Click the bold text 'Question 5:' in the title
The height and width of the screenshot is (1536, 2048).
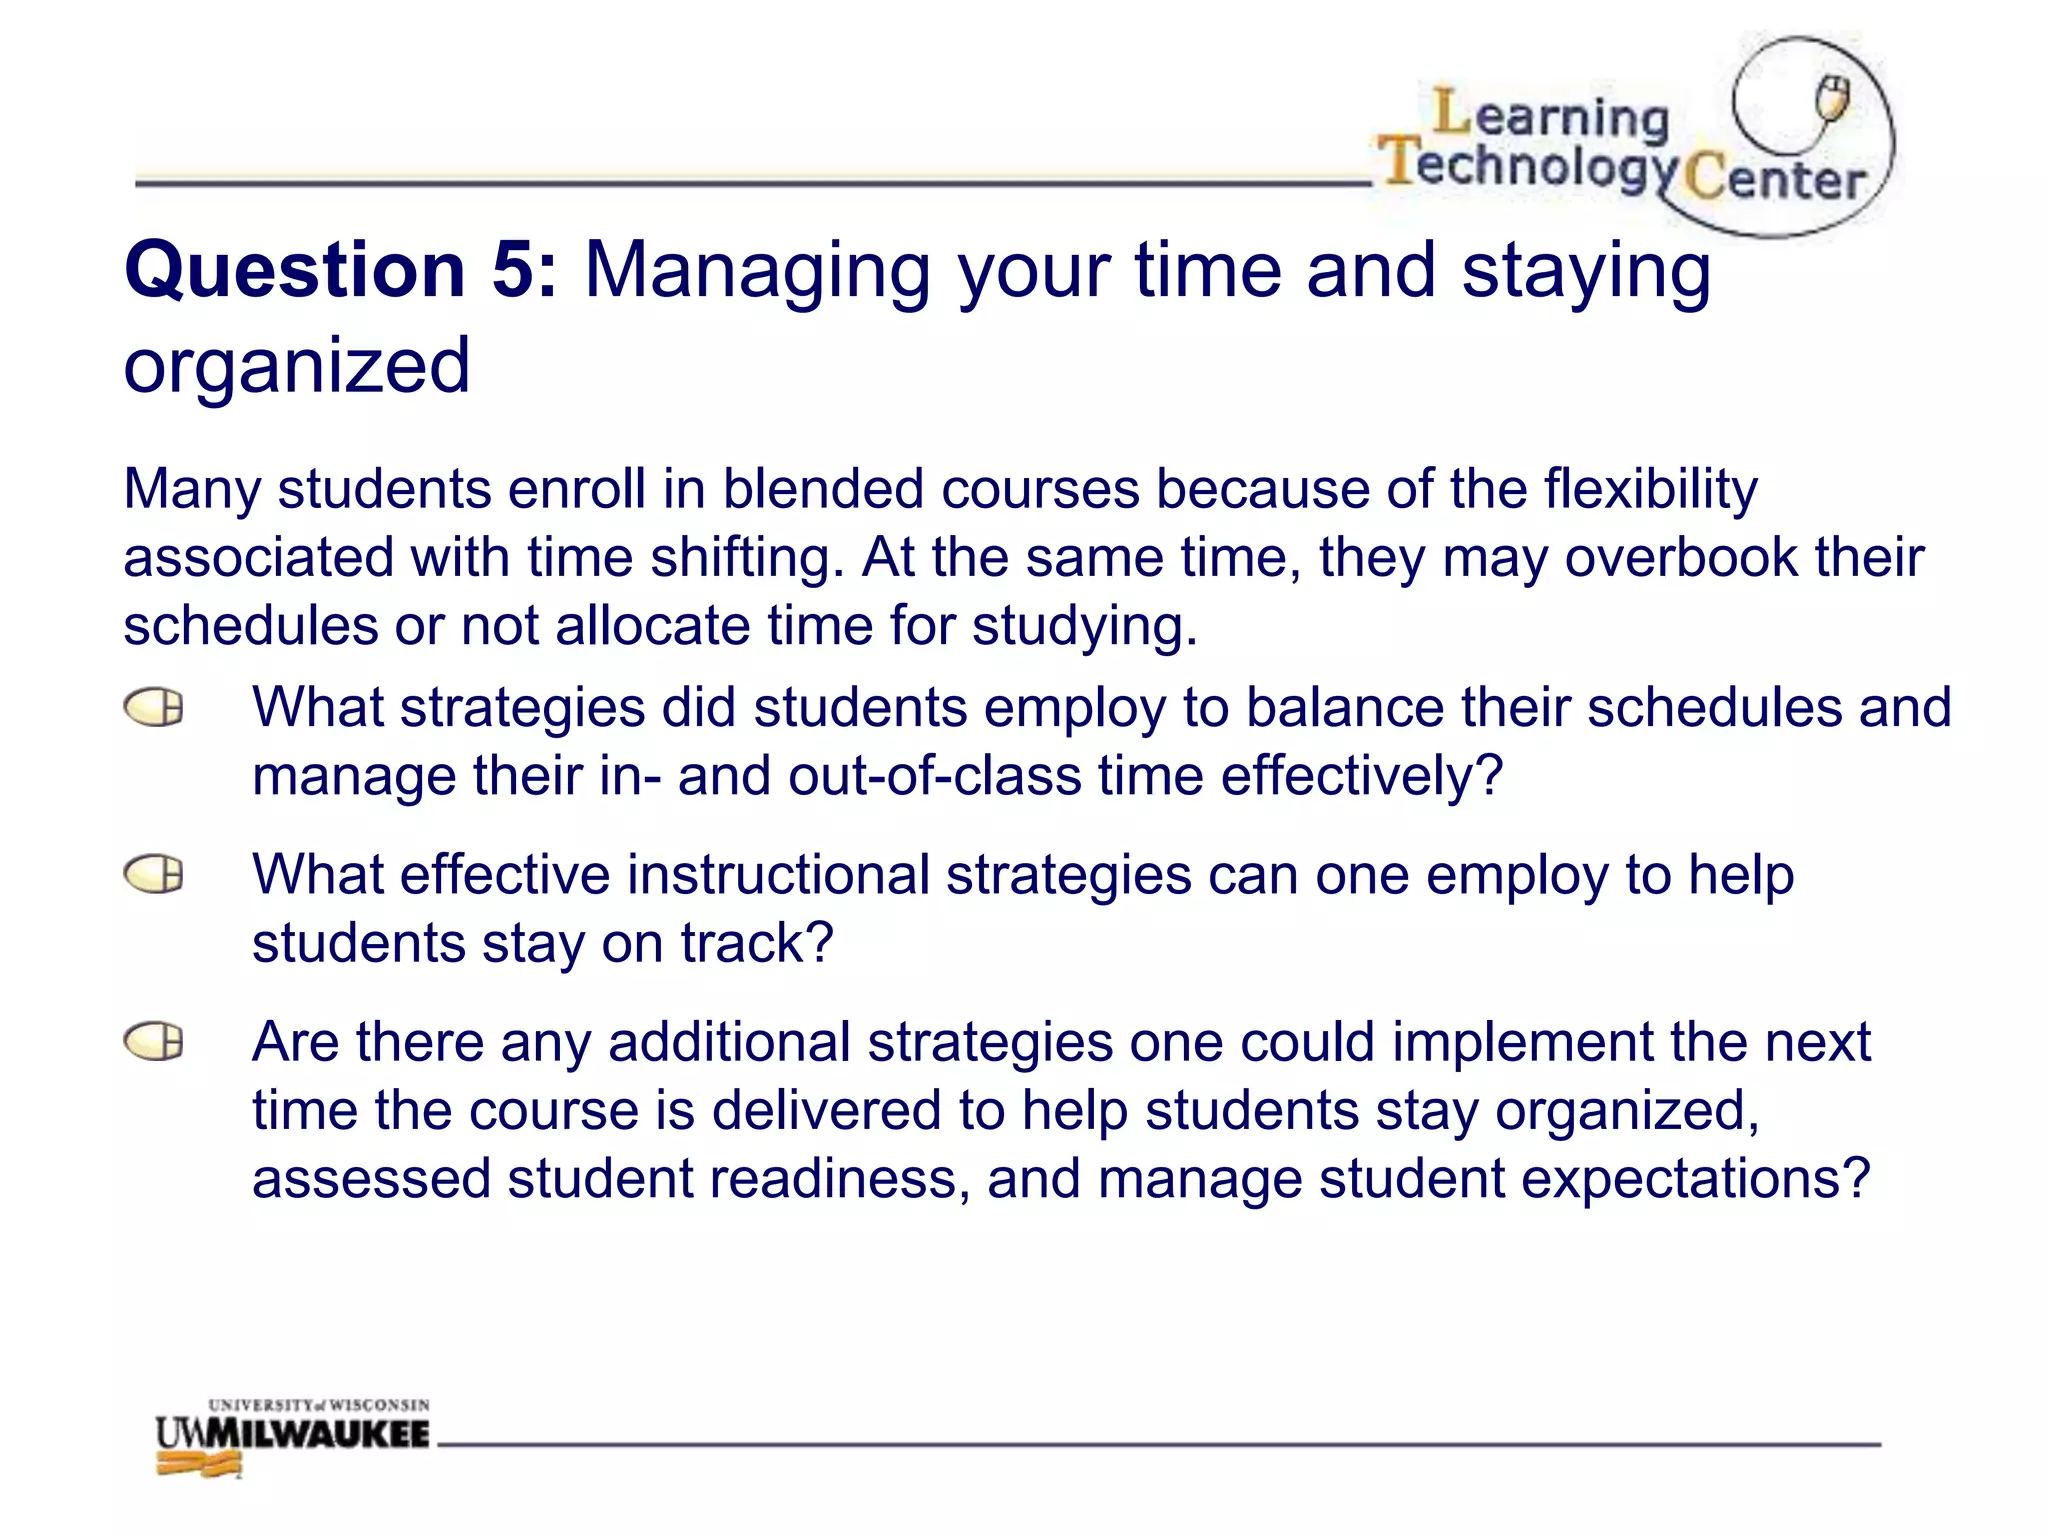[x=340, y=270]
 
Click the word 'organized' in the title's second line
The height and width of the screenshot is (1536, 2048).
[x=296, y=366]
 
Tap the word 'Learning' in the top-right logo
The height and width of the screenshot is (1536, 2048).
[x=1551, y=116]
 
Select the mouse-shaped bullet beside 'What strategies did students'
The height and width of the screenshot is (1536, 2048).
[x=154, y=708]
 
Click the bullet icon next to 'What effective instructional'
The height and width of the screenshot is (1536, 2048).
[x=154, y=875]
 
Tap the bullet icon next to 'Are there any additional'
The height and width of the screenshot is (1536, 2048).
[x=154, y=1042]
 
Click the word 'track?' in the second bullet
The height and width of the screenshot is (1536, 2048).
[x=757, y=943]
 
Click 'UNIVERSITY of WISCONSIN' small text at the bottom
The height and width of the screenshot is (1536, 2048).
[x=318, y=1405]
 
